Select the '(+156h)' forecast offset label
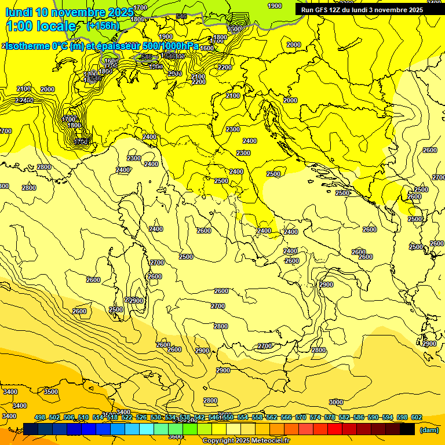point(103,26)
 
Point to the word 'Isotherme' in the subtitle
point(28,46)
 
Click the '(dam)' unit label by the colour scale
point(428,429)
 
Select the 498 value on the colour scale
point(40,417)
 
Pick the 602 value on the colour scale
point(416,417)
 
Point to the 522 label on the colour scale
point(126,417)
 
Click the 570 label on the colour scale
point(300,417)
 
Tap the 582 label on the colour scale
point(344,417)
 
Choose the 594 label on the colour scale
point(387,417)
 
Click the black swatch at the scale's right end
point(407,429)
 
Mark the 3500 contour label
point(51,392)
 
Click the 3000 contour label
point(336,402)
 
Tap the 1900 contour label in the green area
point(275,6)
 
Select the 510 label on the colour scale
point(83,417)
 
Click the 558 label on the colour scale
point(257,417)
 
